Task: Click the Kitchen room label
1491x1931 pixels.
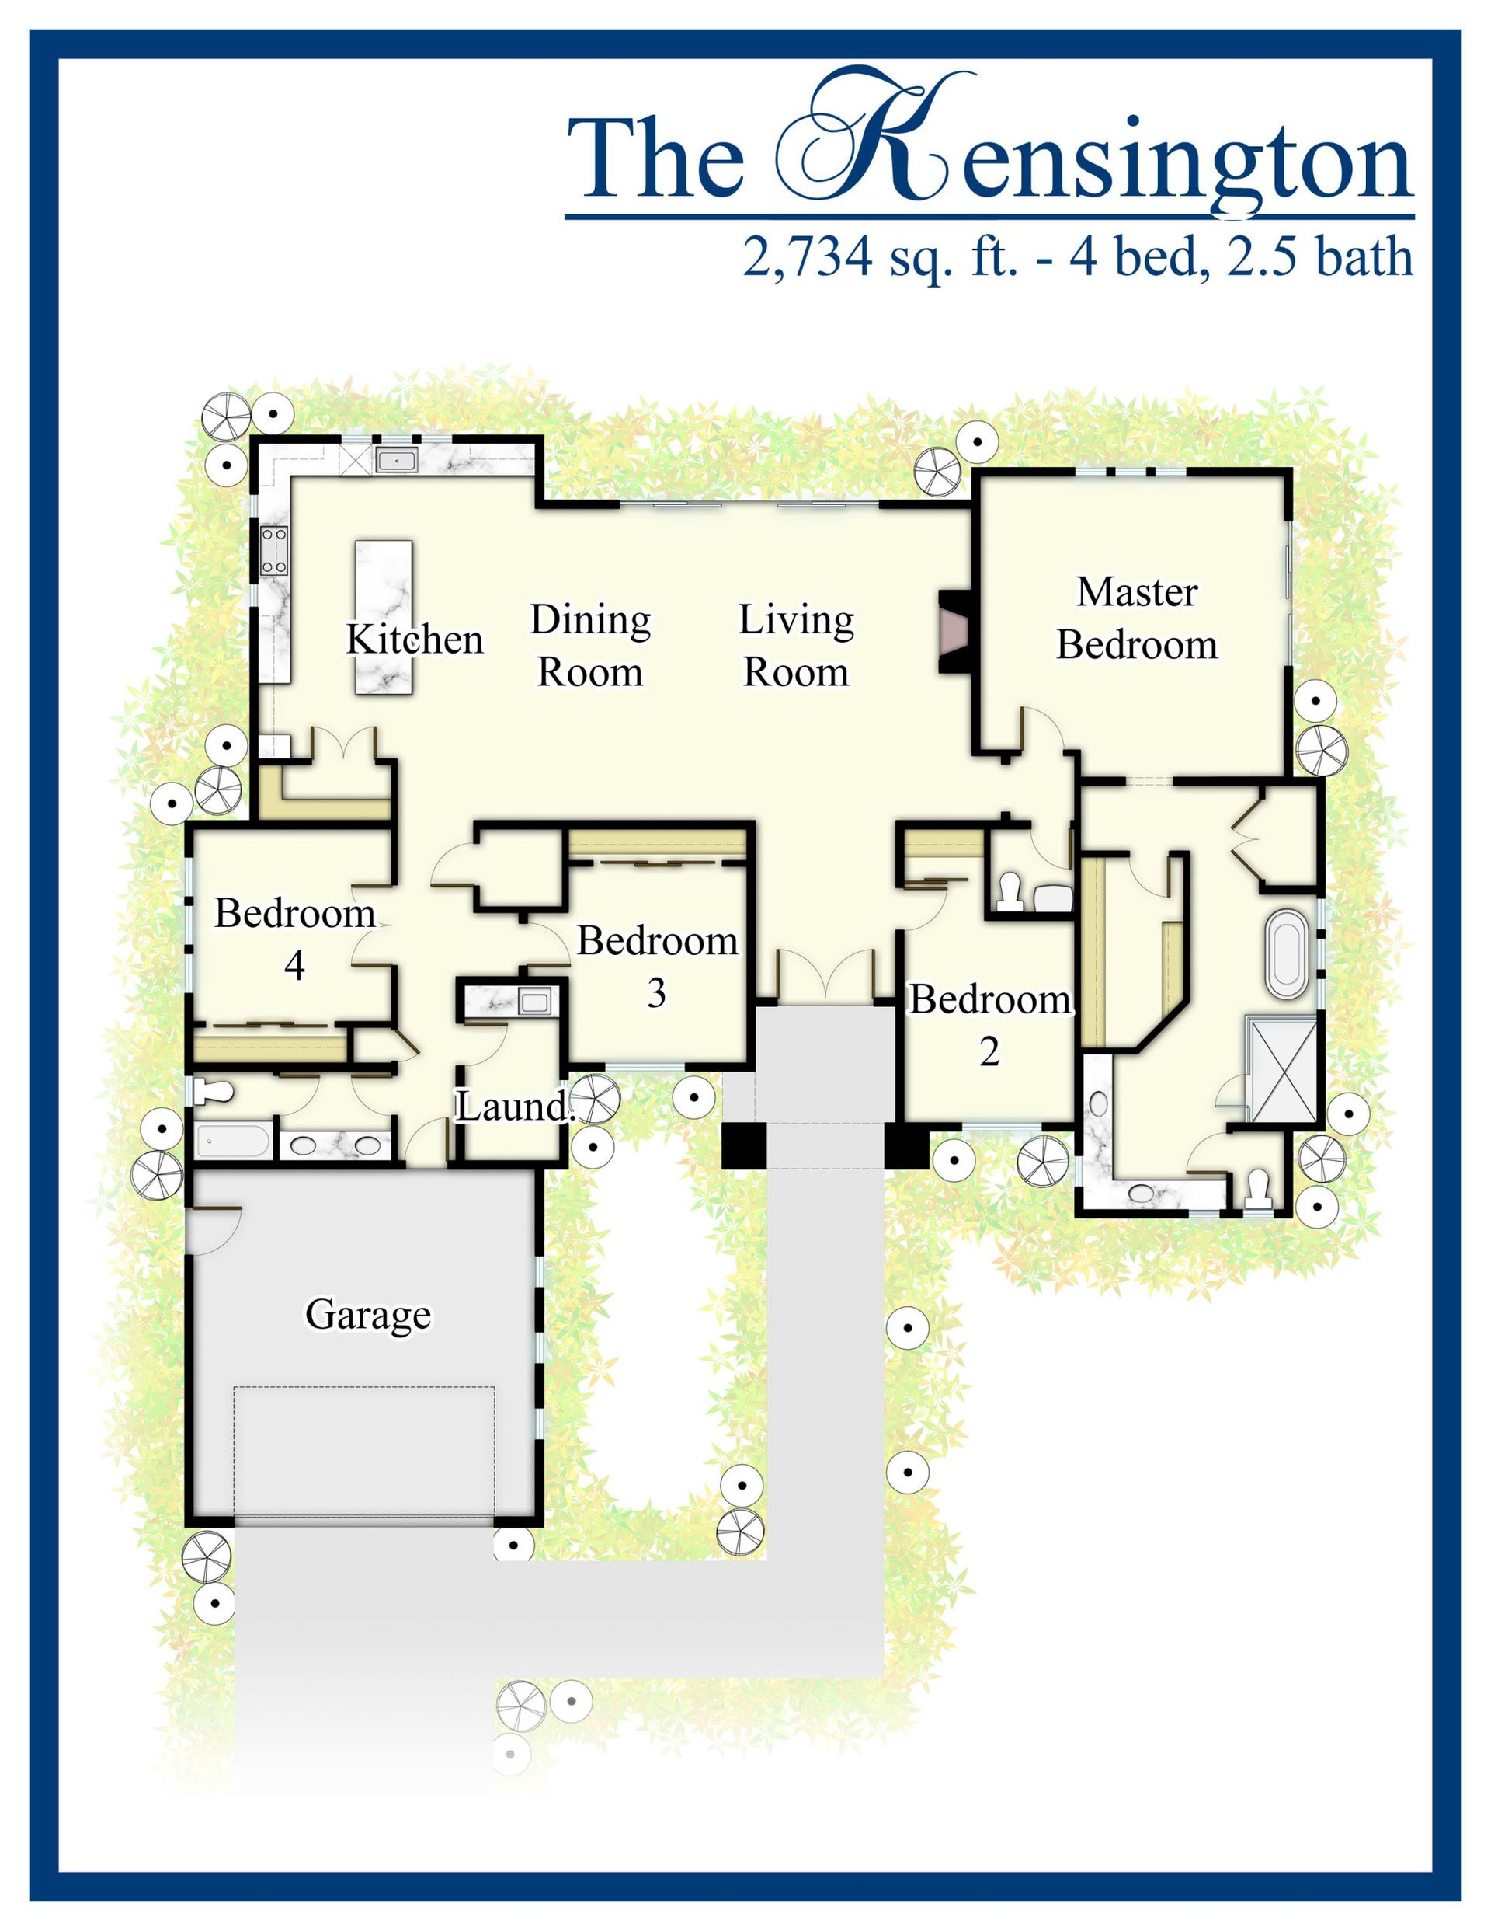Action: [x=415, y=640]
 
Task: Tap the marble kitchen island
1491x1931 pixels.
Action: [x=384, y=617]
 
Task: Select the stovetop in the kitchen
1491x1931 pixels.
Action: [x=274, y=550]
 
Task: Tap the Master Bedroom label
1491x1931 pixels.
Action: [x=1137, y=618]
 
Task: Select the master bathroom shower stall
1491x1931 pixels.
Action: [x=1281, y=1070]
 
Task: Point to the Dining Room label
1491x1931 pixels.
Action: [x=590, y=647]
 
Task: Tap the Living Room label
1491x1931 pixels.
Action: [x=796, y=647]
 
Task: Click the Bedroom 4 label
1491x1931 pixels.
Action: [x=295, y=939]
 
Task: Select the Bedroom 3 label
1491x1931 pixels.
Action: [x=658, y=967]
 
